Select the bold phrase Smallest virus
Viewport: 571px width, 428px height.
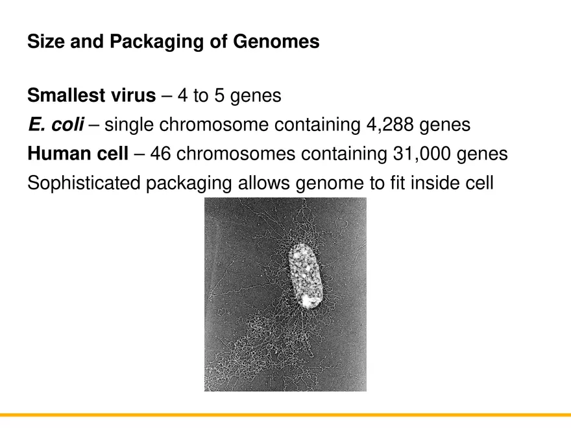(91, 96)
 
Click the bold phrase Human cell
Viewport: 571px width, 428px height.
(78, 154)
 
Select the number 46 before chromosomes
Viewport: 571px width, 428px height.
(160, 154)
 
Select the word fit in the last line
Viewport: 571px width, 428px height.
(393, 183)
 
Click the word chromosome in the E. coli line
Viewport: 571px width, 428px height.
(208, 125)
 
